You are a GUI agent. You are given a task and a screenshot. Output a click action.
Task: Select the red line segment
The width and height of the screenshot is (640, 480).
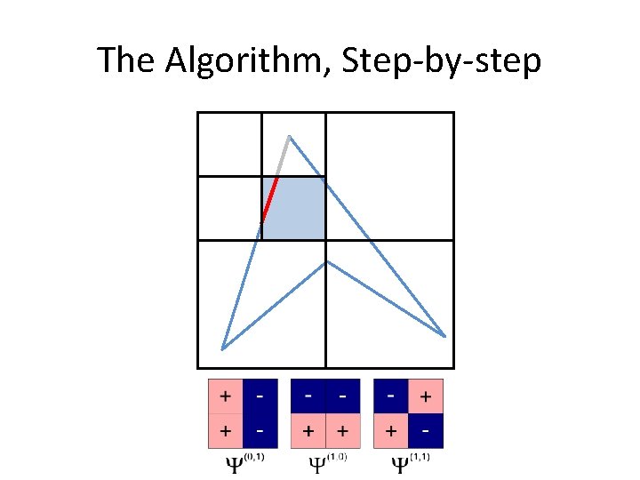pyautogui.click(x=270, y=198)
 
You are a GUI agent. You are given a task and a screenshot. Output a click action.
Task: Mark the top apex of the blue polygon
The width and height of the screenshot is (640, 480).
pyautogui.click(x=289, y=136)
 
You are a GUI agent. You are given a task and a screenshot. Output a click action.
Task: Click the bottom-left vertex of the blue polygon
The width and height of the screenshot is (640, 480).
pyautogui.click(x=222, y=348)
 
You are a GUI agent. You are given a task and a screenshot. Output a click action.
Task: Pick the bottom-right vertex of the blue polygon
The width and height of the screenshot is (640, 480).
pyautogui.click(x=444, y=336)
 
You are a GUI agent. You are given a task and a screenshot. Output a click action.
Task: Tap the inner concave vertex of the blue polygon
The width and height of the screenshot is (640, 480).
pyautogui.click(x=327, y=261)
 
